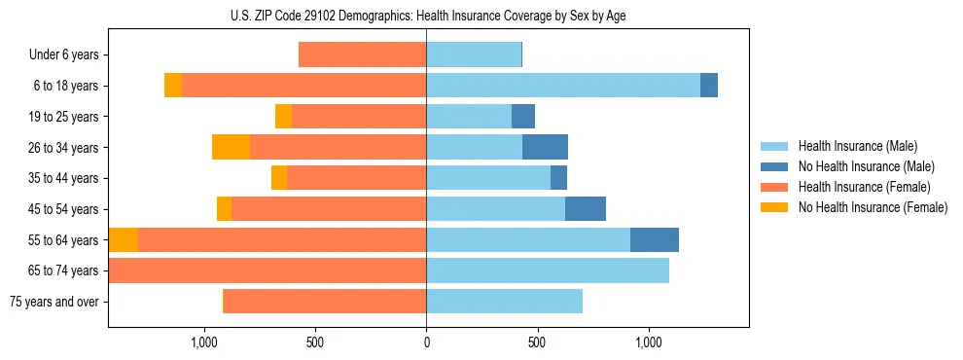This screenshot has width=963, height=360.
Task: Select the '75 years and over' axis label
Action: pos(55,302)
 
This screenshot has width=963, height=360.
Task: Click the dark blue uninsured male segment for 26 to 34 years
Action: pos(545,147)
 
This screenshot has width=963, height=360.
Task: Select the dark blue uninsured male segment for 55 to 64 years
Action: pos(655,239)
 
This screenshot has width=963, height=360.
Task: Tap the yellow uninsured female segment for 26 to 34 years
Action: pos(231,147)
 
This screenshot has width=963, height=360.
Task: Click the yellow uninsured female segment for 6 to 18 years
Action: pos(173,86)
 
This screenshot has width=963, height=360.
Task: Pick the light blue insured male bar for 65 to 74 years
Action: pos(548,270)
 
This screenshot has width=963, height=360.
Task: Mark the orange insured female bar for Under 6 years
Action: pos(362,54)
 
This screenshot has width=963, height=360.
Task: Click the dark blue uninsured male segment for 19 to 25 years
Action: pos(523,117)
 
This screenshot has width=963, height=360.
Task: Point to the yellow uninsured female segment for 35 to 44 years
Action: pos(279,178)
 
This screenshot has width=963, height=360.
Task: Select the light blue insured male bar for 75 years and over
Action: pos(504,302)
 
